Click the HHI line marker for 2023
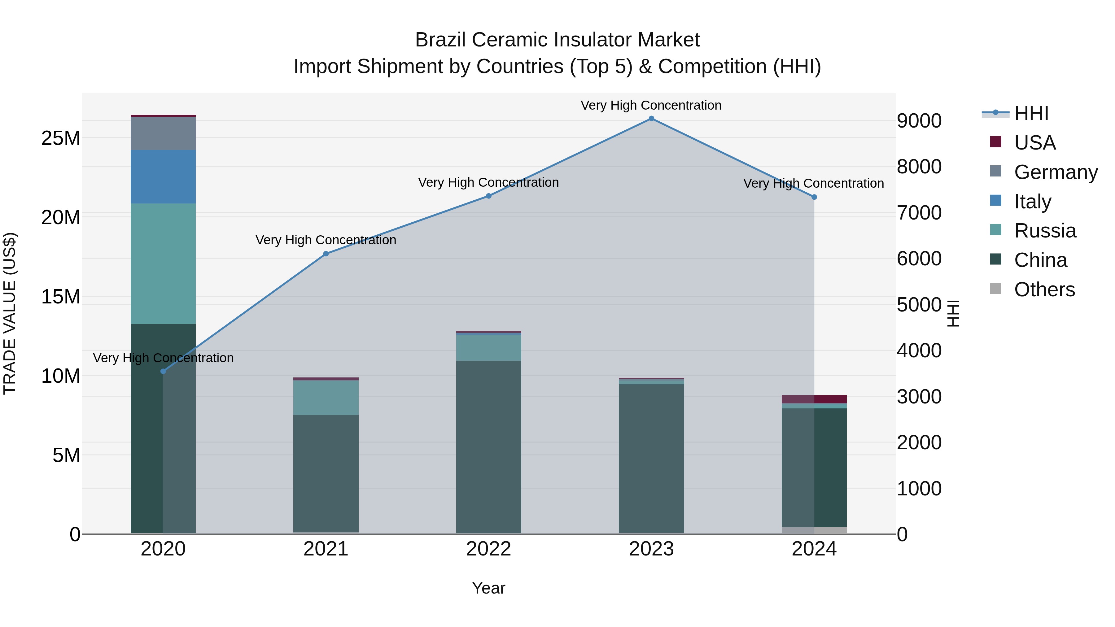point(651,119)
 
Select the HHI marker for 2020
point(163,371)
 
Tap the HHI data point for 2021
point(326,254)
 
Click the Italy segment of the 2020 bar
point(163,176)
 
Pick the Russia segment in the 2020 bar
point(163,263)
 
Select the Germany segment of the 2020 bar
point(163,133)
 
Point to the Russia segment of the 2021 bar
point(326,397)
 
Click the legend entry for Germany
point(1055,172)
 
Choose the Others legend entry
point(1044,290)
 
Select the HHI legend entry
point(1031,113)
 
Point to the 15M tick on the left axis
point(61,297)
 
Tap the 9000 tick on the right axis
point(919,121)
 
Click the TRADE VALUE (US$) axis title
point(10,313)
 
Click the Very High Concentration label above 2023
point(651,105)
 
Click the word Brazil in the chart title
point(441,40)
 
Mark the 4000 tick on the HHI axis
point(919,351)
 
